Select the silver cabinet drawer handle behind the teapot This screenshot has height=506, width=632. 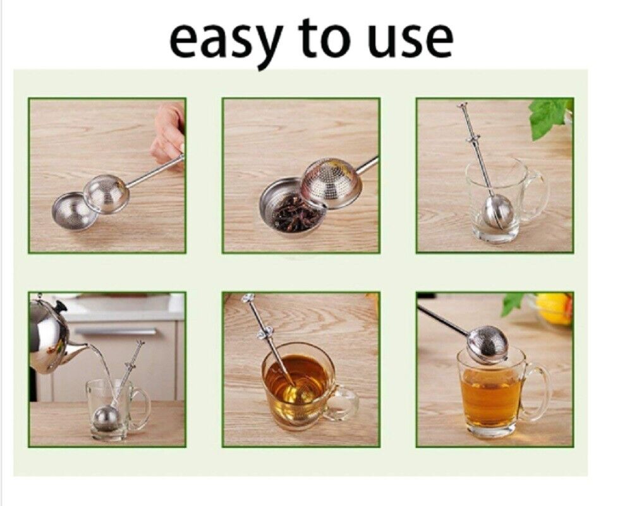115,332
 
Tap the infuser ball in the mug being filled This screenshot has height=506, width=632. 105,419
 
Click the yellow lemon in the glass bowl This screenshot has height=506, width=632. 554,308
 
